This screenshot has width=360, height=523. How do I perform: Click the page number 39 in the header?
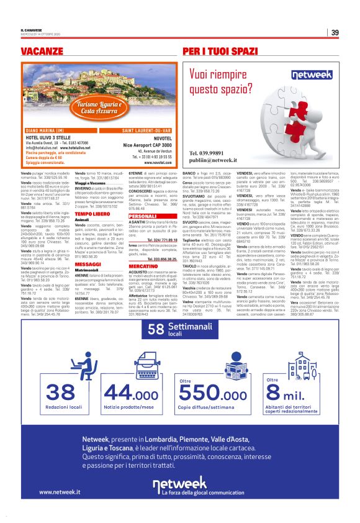[335, 32]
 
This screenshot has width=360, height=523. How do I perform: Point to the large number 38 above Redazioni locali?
[60, 393]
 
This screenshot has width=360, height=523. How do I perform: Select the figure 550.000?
[209, 393]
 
